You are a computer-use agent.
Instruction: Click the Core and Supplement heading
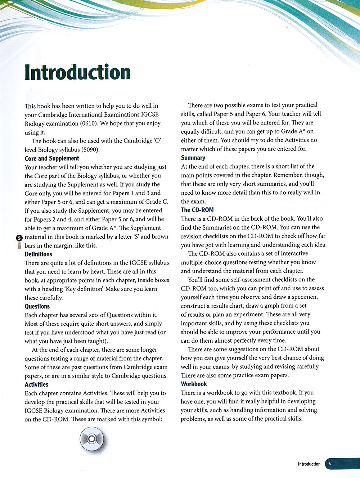[x=52, y=158]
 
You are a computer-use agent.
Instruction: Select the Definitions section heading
[x=39, y=254]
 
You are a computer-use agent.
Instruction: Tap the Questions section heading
[x=37, y=306]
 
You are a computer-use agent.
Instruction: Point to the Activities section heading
[x=36, y=384]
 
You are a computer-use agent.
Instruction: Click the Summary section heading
[x=193, y=158]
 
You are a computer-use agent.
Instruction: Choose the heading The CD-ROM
[x=197, y=210]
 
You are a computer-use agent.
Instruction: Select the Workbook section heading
[x=194, y=384]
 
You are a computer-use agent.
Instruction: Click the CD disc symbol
[x=91, y=438]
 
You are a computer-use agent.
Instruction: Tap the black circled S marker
[x=19, y=238]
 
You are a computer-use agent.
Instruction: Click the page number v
[x=330, y=464]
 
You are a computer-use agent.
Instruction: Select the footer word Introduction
[x=309, y=464]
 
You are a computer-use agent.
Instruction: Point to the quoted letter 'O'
[x=157, y=141]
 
